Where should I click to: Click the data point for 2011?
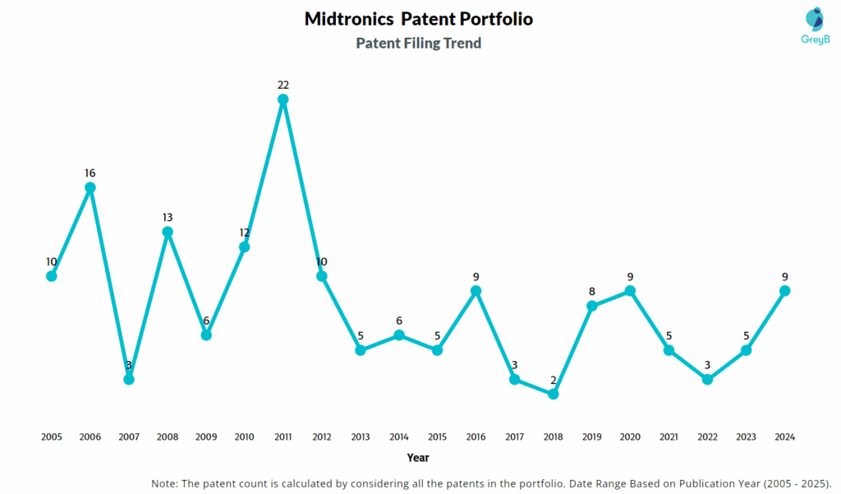[283, 99]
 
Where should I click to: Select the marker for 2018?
[553, 394]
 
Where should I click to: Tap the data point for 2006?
[90, 187]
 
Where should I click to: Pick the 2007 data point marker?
[129, 379]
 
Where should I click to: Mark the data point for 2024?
[784, 291]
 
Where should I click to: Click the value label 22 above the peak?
[283, 85]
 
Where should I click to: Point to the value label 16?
[90, 173]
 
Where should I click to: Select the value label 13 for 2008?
[168, 217]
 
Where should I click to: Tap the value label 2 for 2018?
[553, 380]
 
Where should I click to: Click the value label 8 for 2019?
[591, 291]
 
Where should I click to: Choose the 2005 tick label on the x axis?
[52, 437]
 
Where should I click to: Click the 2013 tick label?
[360, 437]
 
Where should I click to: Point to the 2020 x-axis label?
[630, 437]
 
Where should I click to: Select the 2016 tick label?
[476, 437]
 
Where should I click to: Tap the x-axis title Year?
[417, 458]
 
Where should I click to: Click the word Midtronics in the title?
[347, 19]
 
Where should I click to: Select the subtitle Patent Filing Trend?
[418, 44]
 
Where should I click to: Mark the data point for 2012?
[322, 276]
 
